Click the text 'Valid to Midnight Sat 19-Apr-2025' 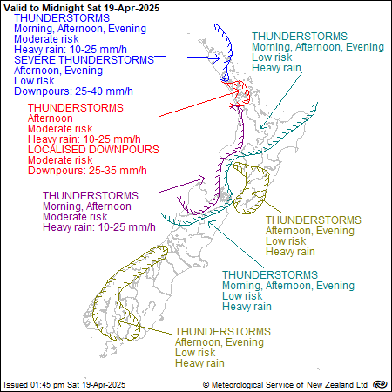click(82, 8)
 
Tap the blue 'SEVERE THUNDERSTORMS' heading click(84, 60)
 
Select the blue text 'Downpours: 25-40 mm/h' click(73, 91)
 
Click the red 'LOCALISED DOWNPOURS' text click(93, 150)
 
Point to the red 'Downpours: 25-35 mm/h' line click(87, 171)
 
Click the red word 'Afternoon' click(51, 118)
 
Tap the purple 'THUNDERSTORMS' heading click(91, 196)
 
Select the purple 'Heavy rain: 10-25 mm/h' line click(99, 227)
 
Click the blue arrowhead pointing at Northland click(216, 59)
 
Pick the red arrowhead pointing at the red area click(236, 91)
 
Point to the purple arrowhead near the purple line click(201, 179)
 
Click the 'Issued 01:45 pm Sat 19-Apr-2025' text click(64, 385)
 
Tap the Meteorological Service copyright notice click(286, 385)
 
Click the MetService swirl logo click(380, 384)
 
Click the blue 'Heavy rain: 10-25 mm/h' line click(71, 50)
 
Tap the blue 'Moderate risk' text click(46, 39)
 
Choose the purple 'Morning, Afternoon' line click(87, 206)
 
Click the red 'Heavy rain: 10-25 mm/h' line click(84, 139)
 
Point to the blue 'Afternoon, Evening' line click(58, 71)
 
